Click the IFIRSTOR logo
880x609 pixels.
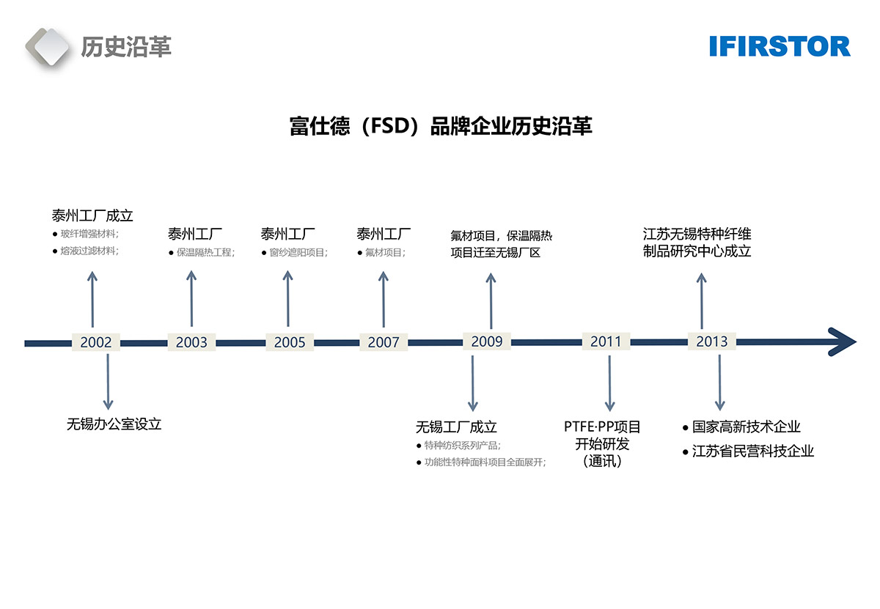click(x=780, y=46)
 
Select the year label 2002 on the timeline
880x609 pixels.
click(x=96, y=342)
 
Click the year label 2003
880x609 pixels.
click(x=191, y=342)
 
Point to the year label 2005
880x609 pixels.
click(x=290, y=342)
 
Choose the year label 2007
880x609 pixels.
click(x=384, y=342)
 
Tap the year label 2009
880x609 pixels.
click(x=487, y=342)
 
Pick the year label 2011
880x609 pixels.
click(x=606, y=342)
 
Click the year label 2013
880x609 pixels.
click(x=711, y=342)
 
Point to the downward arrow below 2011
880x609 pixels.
click(x=609, y=382)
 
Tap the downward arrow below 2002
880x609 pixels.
click(x=108, y=381)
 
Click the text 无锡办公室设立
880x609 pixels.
click(x=114, y=424)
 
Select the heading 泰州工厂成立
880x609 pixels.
click(x=92, y=215)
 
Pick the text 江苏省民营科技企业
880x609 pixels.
click(x=752, y=451)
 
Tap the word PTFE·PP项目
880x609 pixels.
click(x=602, y=427)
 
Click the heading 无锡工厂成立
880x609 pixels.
click(x=456, y=427)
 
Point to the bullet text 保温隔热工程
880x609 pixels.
click(x=204, y=253)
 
